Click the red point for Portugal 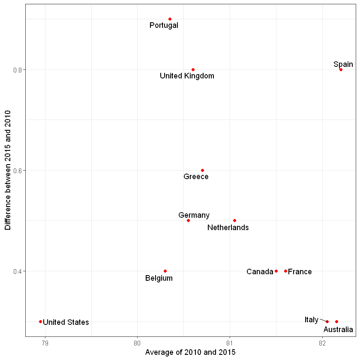170,19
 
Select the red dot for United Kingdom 193,69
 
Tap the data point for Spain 341,69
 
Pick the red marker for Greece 202,170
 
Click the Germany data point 188,220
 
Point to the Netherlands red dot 234,220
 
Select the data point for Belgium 165,271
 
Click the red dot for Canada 276,271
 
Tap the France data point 285,271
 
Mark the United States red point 40,321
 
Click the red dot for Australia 336,321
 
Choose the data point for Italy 327,321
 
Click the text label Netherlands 228,228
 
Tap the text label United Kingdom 187,76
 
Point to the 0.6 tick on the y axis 18,170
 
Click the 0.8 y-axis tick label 18,69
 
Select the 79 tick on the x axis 45,343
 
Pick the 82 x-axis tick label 322,343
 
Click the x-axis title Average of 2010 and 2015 190,352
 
